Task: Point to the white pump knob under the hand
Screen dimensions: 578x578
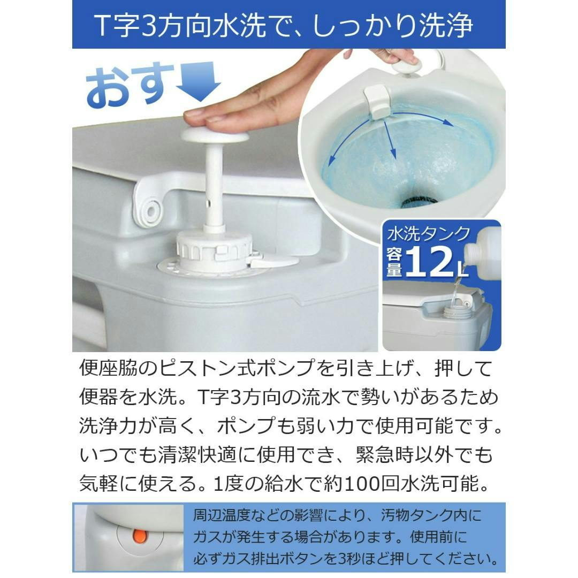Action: [215, 133]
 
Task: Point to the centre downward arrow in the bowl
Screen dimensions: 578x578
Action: [391, 140]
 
